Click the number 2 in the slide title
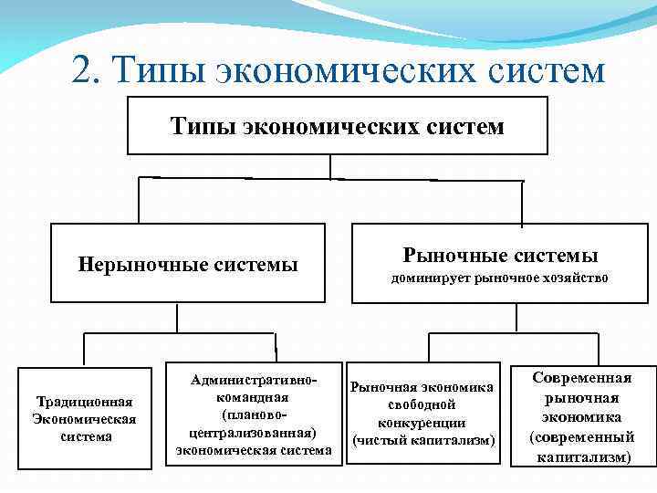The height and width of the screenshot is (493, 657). click(x=85, y=70)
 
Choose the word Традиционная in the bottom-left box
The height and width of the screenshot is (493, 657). click(x=83, y=402)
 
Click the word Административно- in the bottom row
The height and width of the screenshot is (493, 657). click(x=253, y=379)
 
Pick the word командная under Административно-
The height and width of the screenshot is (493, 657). click(x=253, y=397)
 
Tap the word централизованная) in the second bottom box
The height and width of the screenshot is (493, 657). click(x=253, y=432)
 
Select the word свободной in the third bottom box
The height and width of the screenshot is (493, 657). click(x=422, y=404)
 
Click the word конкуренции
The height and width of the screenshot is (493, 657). click(x=422, y=423)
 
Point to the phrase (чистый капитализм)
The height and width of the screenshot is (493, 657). click(x=422, y=441)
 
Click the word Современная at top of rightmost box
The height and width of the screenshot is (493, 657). click(x=582, y=377)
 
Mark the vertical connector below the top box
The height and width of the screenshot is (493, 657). click(x=330, y=165)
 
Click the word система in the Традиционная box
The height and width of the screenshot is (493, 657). click(x=83, y=436)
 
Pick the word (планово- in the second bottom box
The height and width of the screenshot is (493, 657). click(x=253, y=414)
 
